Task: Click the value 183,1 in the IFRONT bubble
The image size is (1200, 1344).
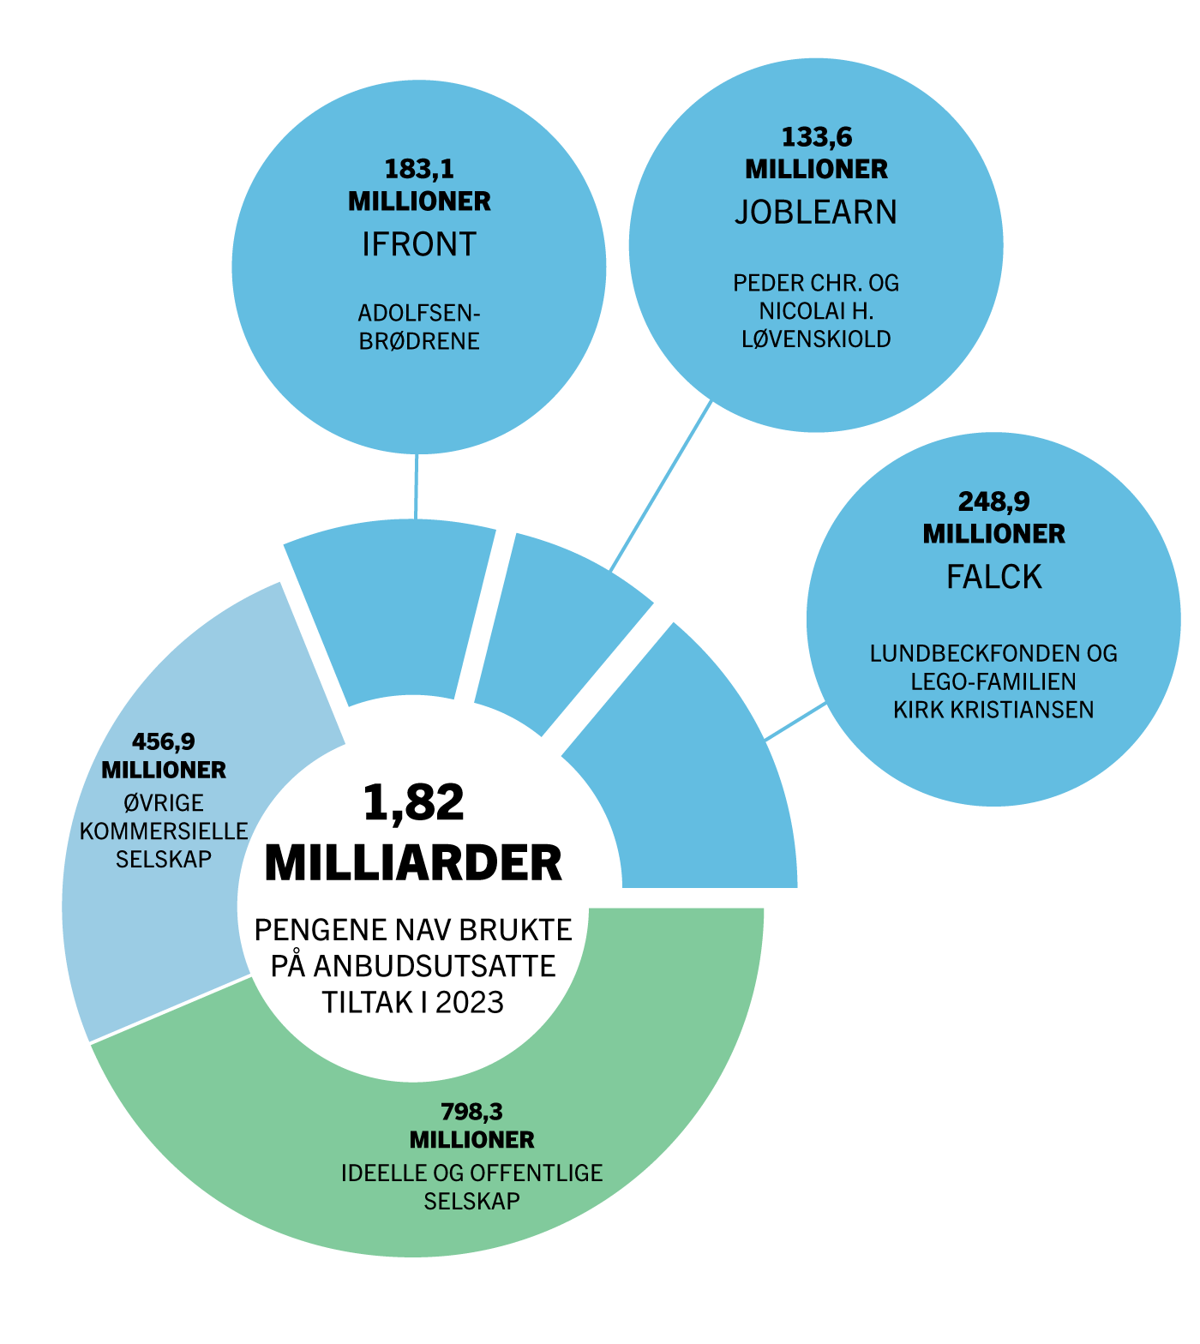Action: pos(419,169)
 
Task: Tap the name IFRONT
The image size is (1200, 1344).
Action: pos(419,244)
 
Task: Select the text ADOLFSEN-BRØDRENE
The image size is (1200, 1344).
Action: pos(419,327)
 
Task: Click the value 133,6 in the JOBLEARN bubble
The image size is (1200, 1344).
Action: pos(816,137)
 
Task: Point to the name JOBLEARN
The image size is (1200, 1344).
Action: pos(816,213)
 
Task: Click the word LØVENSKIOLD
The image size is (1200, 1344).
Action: pos(816,339)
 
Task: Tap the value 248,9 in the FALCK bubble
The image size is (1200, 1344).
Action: pos(993,501)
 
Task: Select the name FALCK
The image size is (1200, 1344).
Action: pos(993,577)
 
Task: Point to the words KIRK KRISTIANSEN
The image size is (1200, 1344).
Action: pos(993,710)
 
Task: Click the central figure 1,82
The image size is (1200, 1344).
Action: pos(413,803)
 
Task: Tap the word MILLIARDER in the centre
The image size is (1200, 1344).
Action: pos(413,863)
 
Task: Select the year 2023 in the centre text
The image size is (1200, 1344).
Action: pos(469,1002)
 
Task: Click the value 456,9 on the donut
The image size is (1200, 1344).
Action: pos(164,741)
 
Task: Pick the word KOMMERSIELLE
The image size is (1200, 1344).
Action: pos(164,831)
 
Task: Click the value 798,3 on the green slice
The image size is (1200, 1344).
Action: pos(471,1112)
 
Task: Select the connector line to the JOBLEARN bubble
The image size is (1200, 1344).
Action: pos(661,486)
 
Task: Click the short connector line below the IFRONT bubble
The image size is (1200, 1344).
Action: pos(417,486)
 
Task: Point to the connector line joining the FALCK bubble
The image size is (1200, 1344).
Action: pos(797,721)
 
